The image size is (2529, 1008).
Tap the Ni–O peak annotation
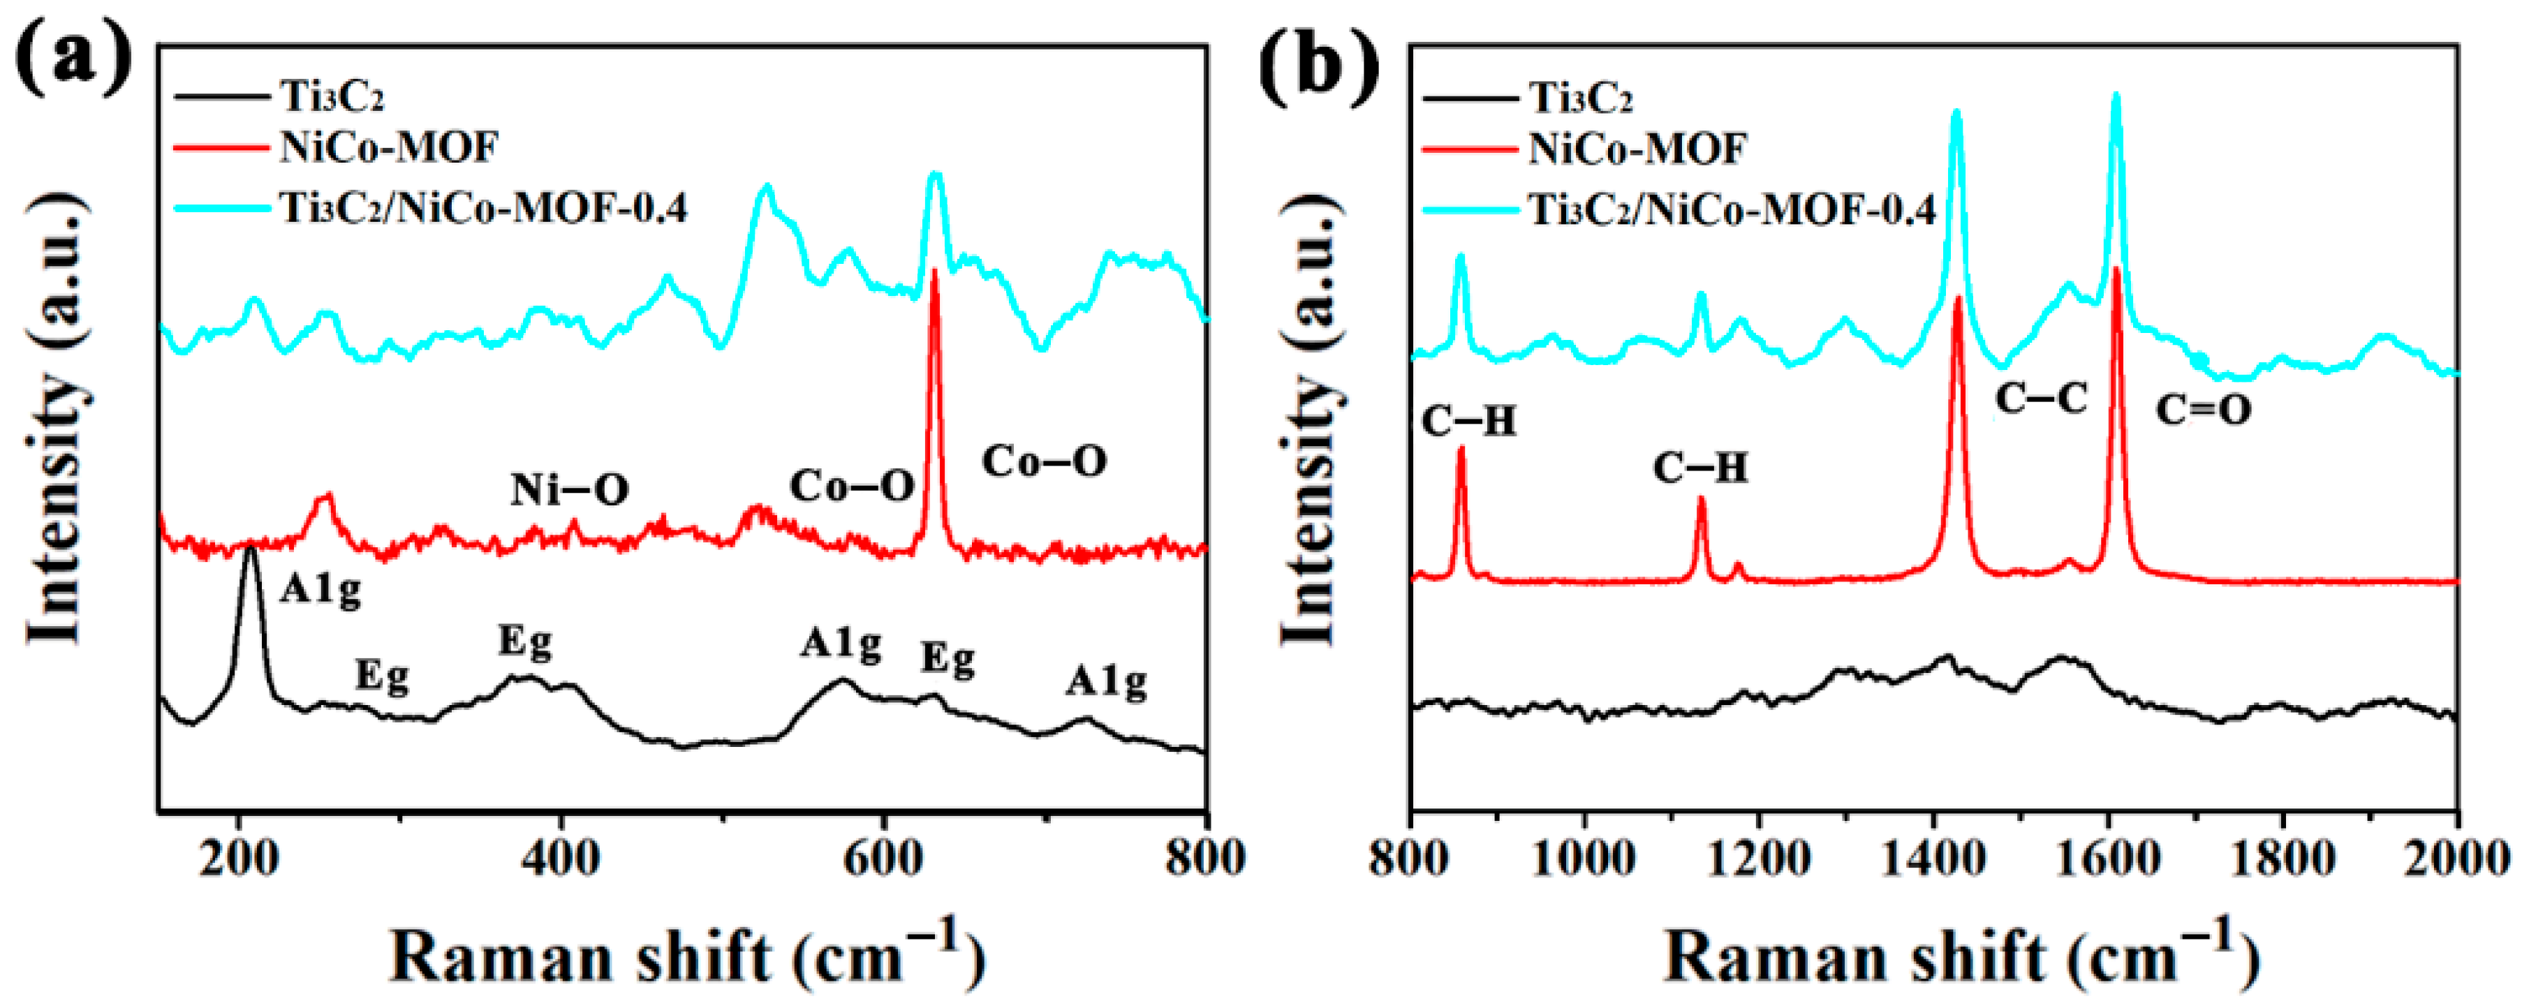pos(570,489)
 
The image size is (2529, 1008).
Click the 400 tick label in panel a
pos(561,859)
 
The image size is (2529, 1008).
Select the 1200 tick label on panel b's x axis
pos(1758,859)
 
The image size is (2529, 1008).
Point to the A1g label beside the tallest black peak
pos(320,590)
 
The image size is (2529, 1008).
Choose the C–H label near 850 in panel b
pos(1468,422)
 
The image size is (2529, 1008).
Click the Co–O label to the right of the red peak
pos(1045,461)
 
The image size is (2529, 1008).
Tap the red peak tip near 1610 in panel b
pos(2116,270)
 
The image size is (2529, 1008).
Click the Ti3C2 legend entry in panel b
pos(1581,98)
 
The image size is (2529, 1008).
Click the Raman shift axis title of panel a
pos(687,957)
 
